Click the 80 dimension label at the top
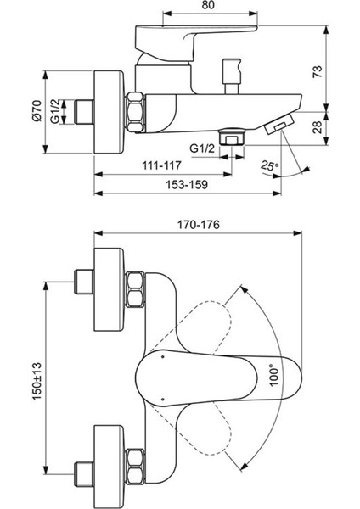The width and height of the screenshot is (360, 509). (x=210, y=5)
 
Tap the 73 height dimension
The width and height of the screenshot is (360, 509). (x=318, y=71)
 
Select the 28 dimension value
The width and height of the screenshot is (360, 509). (x=318, y=127)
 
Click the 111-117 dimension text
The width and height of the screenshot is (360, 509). (x=161, y=165)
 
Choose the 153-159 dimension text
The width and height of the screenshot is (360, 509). (x=187, y=184)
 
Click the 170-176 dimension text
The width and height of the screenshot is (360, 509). (x=198, y=224)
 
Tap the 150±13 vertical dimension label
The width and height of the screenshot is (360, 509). (x=37, y=381)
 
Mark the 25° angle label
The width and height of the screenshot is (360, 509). (x=269, y=165)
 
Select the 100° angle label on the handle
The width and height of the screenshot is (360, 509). (x=274, y=376)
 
